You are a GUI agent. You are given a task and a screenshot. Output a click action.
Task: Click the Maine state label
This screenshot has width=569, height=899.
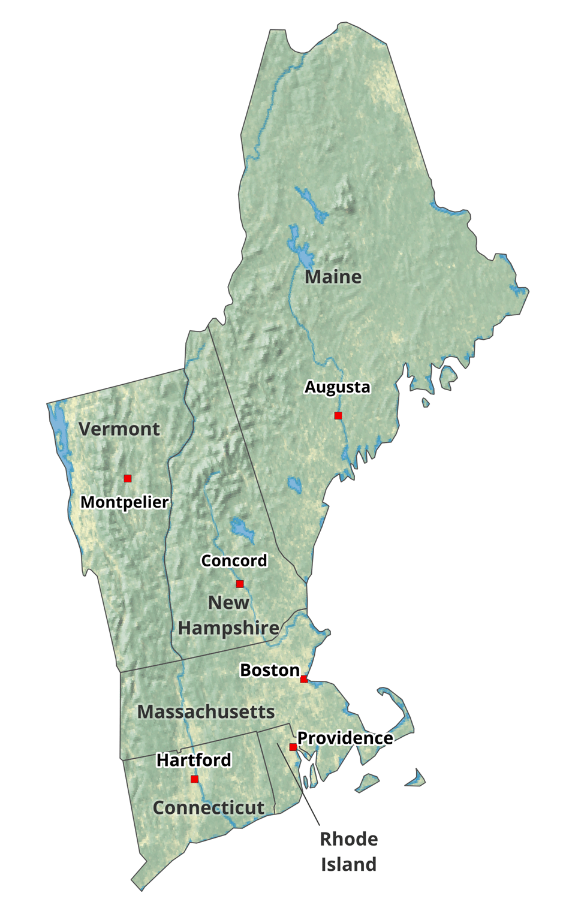tap(333, 277)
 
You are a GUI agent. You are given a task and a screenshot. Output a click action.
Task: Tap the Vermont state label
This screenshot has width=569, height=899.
tap(119, 429)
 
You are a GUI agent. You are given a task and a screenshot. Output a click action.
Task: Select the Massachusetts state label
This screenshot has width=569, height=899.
tap(206, 711)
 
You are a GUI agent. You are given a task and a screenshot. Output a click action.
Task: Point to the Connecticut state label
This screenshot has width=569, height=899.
tap(208, 807)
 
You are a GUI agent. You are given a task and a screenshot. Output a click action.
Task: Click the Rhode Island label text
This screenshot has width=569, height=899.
tap(348, 851)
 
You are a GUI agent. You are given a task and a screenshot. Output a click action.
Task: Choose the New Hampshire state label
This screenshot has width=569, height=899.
tap(228, 615)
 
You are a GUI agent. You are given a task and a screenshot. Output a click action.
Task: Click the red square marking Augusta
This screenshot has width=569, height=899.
tap(338, 415)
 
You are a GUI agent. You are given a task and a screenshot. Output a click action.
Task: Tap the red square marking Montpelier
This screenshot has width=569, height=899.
tap(128, 478)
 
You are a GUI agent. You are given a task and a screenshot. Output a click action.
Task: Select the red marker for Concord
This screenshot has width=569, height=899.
tap(240, 584)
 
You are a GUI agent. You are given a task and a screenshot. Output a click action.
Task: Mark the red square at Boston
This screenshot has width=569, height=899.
tap(304, 679)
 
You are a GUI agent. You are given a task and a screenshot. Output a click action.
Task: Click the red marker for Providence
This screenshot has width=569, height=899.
tap(293, 747)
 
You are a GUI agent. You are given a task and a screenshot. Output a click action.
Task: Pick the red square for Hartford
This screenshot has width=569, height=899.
tap(194, 779)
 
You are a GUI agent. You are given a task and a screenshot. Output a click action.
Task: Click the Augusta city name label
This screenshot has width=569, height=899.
tap(337, 387)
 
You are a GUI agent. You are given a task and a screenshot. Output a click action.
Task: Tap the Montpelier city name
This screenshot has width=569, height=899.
tap(125, 502)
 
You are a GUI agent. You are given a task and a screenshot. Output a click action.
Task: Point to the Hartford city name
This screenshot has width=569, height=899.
tap(194, 760)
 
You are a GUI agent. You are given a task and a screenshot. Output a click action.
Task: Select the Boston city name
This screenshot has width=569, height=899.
tap(270, 670)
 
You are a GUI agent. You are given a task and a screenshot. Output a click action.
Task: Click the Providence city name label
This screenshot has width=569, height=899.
tap(345, 738)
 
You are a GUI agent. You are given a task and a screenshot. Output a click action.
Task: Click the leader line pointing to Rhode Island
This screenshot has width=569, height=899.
tap(299, 785)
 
